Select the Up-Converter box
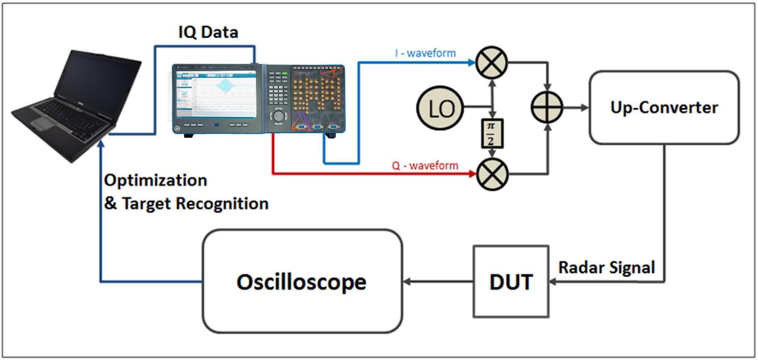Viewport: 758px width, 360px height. tap(664, 107)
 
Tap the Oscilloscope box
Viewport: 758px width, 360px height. tap(302, 281)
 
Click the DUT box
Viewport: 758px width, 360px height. tap(511, 281)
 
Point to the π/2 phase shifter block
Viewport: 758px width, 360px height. tap(492, 133)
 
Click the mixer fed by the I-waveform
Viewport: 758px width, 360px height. tap(492, 63)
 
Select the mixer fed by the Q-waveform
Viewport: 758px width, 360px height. tap(492, 175)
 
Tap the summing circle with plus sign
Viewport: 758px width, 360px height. tap(547, 108)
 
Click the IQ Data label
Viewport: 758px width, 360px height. tap(208, 32)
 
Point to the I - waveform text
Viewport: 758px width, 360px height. tap(425, 53)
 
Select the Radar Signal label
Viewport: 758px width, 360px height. tap(607, 267)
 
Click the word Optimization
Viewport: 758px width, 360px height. tap(156, 181)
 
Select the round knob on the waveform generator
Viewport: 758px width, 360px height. tap(278, 116)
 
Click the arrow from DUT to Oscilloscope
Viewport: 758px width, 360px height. tap(438, 281)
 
